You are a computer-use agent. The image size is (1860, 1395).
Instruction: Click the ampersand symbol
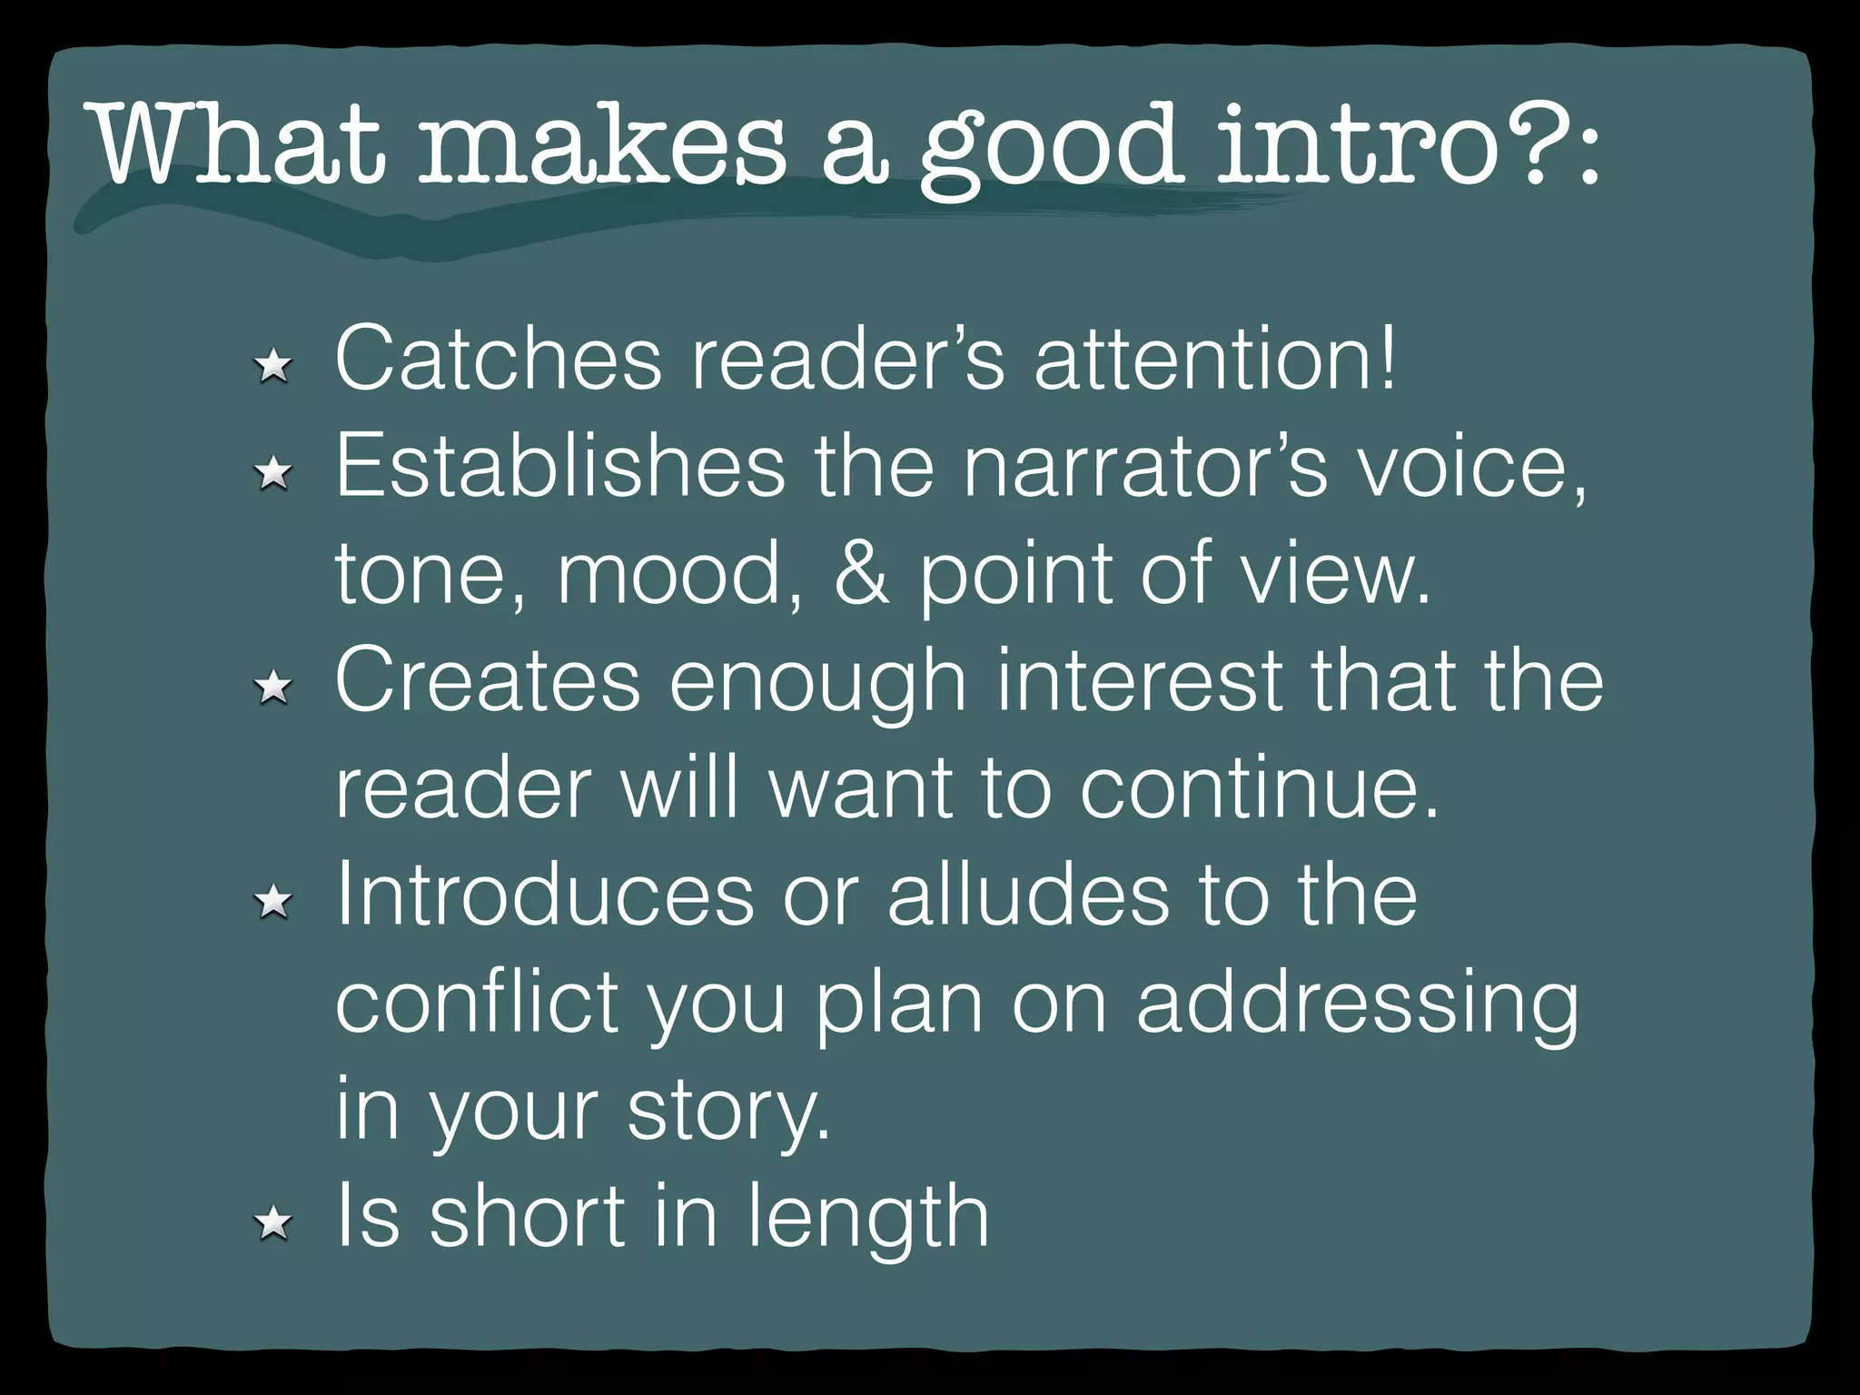pos(861,574)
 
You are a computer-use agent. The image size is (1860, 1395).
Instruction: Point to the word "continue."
pos(1259,788)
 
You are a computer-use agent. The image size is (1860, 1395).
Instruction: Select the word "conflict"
pos(477,1003)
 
